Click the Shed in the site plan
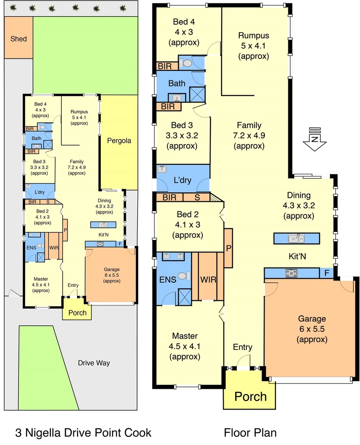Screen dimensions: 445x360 click(19, 39)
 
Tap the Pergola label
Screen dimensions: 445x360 click(119, 141)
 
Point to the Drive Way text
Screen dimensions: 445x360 click(94, 363)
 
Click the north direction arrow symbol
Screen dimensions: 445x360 click(314, 140)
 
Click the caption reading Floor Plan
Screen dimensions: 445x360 click(250, 433)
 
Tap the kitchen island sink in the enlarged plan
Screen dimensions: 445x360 click(296, 238)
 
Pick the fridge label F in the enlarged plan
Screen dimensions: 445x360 click(326, 273)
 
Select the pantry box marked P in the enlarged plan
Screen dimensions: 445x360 click(228, 248)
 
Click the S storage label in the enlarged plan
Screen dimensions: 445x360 click(197, 197)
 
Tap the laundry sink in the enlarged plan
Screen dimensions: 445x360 click(162, 169)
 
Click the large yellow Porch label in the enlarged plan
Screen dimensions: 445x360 click(250, 396)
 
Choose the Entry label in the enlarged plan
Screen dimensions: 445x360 click(242, 347)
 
